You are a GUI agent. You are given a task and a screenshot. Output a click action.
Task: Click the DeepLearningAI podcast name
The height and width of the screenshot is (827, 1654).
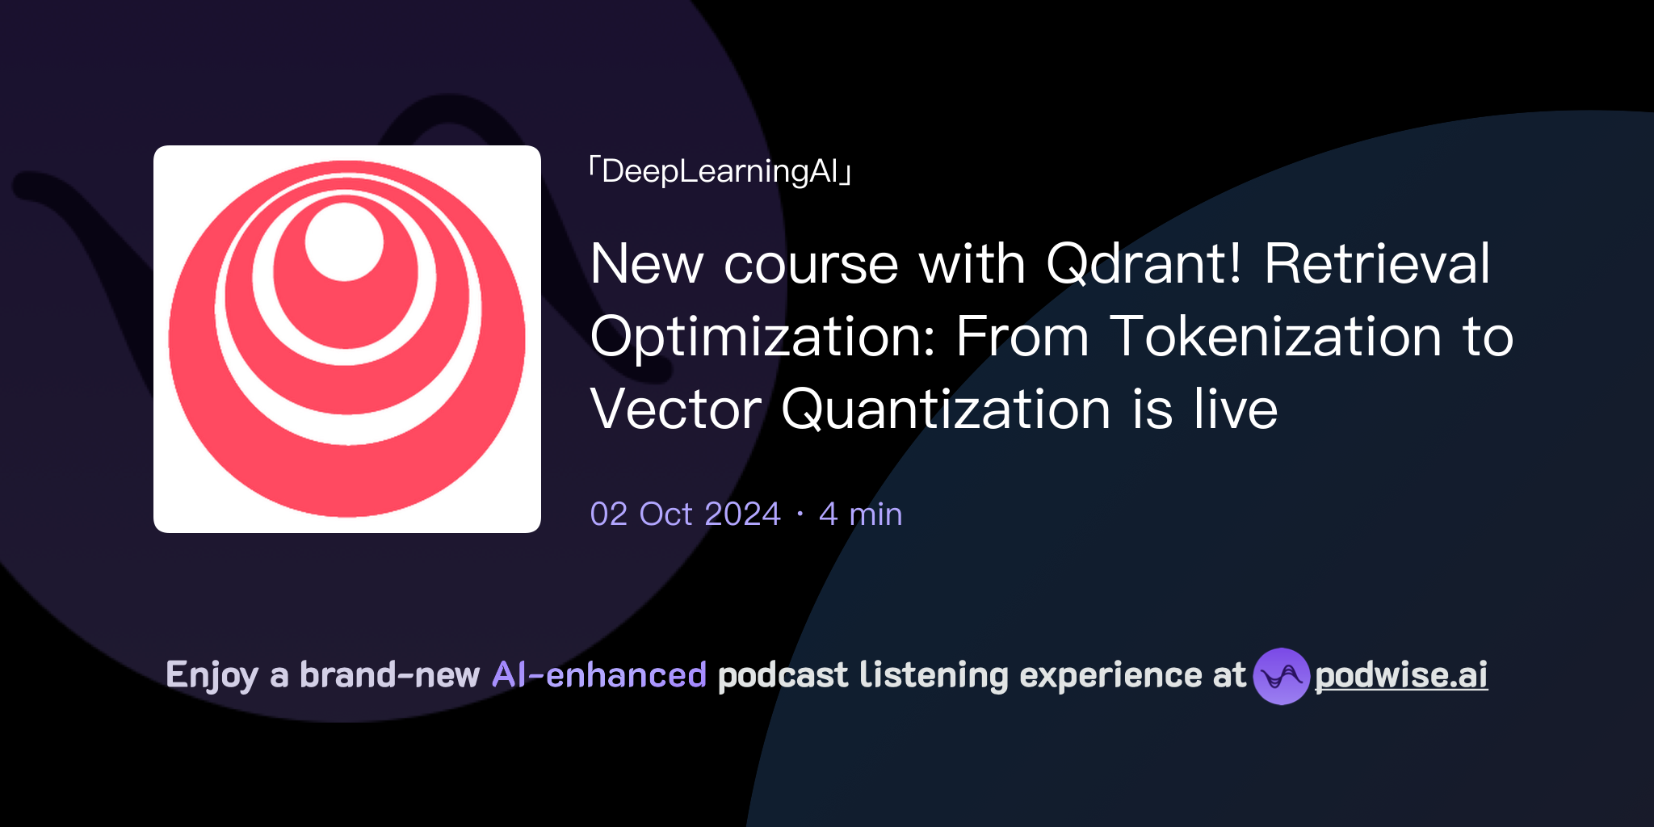click(x=720, y=172)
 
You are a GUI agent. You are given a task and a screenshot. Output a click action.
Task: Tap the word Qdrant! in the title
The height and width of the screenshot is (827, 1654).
click(x=1144, y=264)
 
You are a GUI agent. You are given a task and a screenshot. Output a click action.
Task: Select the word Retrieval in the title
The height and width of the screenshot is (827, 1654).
click(x=1377, y=264)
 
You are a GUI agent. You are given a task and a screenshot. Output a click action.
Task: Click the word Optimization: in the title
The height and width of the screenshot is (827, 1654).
click(x=763, y=338)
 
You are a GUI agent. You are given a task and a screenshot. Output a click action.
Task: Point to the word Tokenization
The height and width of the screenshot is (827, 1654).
click(x=1275, y=337)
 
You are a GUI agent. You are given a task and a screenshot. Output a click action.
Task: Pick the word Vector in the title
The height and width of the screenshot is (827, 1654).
click(x=675, y=409)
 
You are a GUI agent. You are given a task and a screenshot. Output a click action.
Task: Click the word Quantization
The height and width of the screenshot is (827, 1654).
click(x=945, y=409)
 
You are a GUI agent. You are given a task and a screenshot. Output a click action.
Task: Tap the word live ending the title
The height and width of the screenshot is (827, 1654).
click(x=1236, y=409)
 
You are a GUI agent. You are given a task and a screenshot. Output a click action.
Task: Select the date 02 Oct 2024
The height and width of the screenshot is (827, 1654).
click(x=685, y=514)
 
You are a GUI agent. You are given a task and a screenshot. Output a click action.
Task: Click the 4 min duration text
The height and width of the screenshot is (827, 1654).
click(x=860, y=514)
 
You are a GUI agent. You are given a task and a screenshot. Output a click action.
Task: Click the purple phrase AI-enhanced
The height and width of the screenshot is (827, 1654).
click(x=599, y=675)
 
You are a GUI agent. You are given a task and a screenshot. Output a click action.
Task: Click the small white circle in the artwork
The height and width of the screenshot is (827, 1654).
click(x=344, y=241)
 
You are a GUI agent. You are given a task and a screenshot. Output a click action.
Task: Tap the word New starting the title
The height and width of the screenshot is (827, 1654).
click(x=646, y=264)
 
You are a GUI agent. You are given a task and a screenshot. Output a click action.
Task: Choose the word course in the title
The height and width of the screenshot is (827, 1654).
click(x=811, y=264)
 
